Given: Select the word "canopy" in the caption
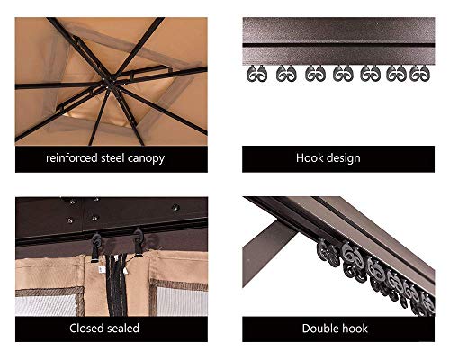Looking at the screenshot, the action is [x=146, y=159].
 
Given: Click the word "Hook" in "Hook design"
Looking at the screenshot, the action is [x=310, y=157].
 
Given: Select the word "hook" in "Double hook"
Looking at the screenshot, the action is [x=354, y=328].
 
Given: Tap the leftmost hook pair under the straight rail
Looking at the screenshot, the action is [x=257, y=73].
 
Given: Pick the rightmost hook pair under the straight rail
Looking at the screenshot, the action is [x=419, y=73].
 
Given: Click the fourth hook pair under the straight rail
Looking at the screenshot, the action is [x=343, y=73].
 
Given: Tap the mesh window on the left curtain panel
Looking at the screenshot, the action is [x=46, y=305].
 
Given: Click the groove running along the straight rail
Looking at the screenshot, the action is [x=338, y=45].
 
